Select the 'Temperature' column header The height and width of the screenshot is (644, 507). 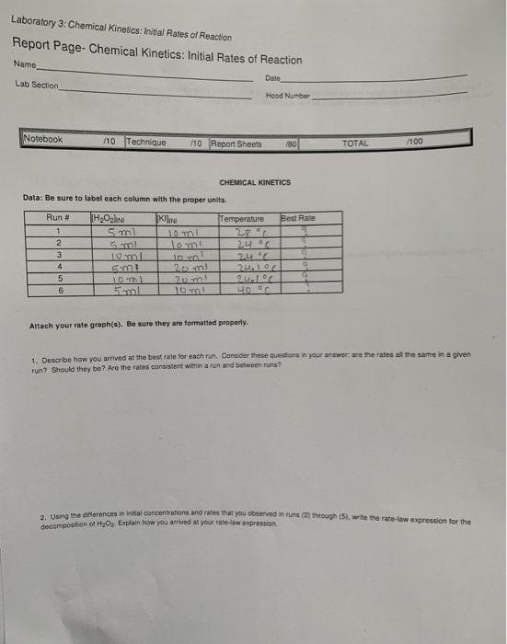click(243, 218)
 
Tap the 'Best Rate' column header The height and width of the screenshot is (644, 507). click(298, 218)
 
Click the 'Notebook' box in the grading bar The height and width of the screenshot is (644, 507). click(43, 140)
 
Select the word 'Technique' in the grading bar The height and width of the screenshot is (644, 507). click(147, 143)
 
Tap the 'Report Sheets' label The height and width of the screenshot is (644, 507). click(238, 144)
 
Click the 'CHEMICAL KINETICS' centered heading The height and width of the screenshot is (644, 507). click(255, 182)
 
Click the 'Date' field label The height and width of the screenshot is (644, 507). click(271, 78)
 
